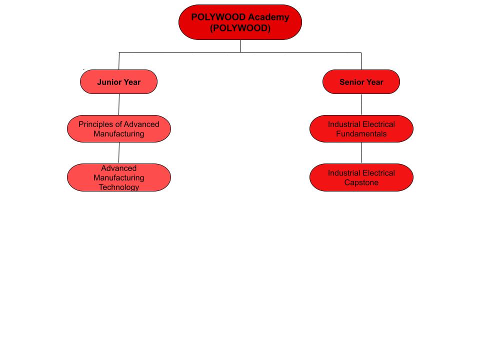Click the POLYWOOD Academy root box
tap(240, 22)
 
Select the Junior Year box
tap(118, 81)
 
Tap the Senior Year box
tap(361, 81)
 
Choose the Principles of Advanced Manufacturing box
tap(118, 128)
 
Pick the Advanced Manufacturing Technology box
tap(118, 177)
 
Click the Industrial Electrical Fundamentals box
tap(361, 128)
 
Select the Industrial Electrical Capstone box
tap(361, 177)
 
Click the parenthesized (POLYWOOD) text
tap(240, 28)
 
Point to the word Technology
tap(118, 187)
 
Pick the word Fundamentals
tap(361, 133)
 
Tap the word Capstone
tap(361, 182)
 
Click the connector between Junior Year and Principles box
tap(119, 104)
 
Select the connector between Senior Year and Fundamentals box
tap(361, 104)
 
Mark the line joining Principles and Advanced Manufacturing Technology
tap(119, 152)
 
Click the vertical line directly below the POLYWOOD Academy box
tap(240, 46)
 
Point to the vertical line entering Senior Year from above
tap(361, 61)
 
